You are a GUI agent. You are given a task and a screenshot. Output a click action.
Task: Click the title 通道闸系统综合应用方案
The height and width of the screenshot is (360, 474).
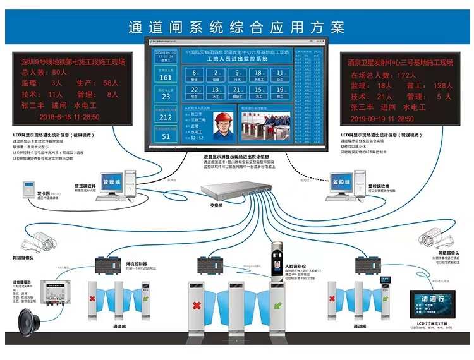(x=236, y=27)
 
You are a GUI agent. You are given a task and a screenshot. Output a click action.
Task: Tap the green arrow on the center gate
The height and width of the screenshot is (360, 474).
(x=276, y=307)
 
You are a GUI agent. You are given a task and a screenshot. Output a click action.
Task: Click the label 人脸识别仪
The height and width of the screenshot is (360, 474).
(x=296, y=267)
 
